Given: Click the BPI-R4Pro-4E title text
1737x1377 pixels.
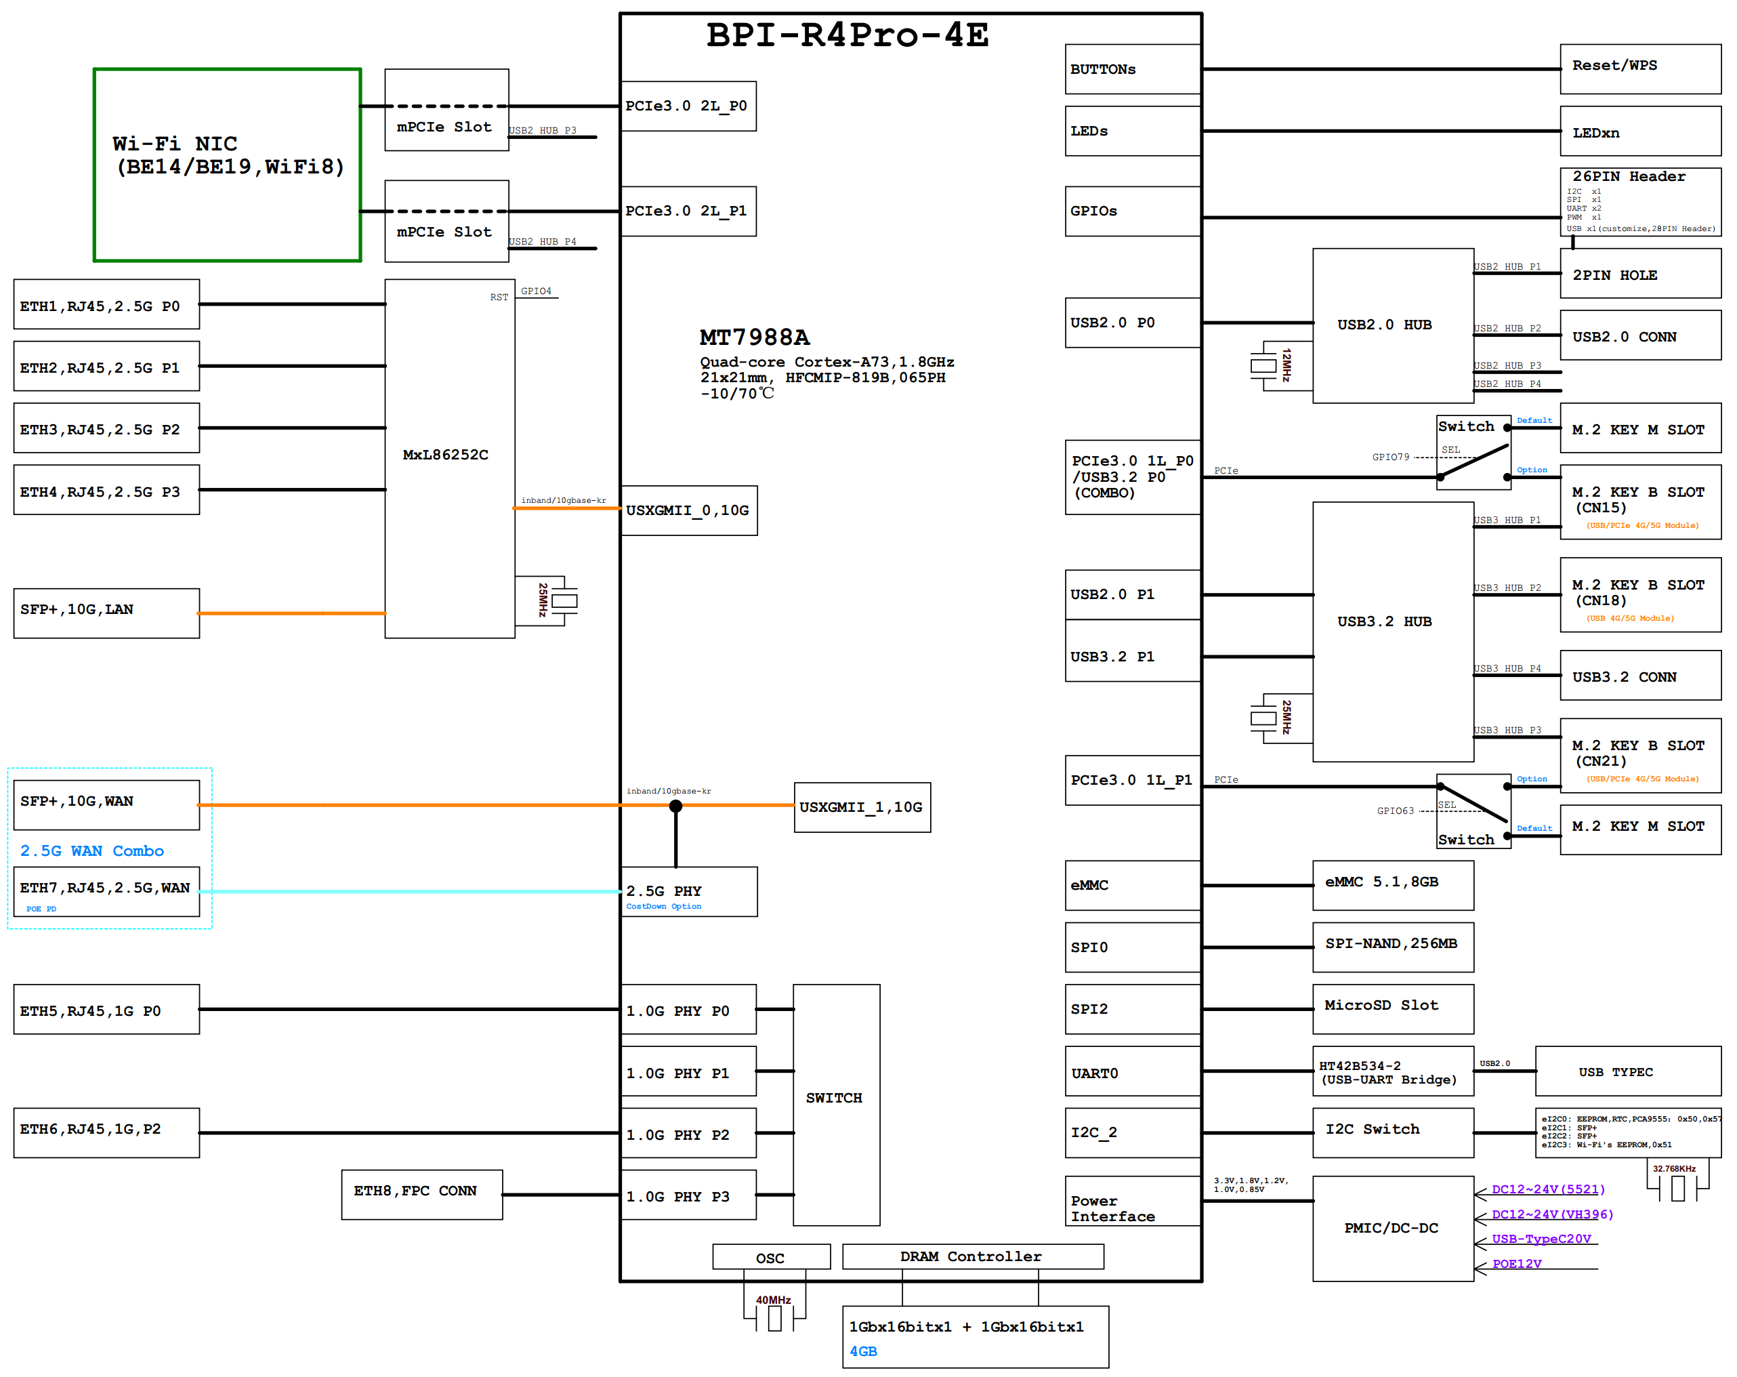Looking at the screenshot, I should (847, 35).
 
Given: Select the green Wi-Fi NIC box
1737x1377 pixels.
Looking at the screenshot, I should (227, 165).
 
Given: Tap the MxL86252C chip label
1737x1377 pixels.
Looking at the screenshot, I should (446, 455).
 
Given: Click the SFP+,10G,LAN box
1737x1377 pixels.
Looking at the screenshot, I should (106, 613).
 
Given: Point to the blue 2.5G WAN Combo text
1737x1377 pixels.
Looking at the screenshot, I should (92, 851).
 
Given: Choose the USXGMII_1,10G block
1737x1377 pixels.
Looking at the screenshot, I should (861, 806).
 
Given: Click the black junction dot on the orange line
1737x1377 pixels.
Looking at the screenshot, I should (676, 806).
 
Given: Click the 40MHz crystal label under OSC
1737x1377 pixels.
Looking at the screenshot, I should (772, 1300).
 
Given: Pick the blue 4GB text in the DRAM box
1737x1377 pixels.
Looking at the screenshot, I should (863, 1351).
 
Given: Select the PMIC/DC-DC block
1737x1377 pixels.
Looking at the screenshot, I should (1392, 1227).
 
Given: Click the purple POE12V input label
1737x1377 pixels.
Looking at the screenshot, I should (1517, 1263).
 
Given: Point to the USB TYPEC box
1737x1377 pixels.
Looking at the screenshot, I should (1627, 1071).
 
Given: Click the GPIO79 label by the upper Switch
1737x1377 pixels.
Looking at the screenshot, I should (1391, 457).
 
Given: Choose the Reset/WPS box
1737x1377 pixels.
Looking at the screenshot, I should (1639, 68).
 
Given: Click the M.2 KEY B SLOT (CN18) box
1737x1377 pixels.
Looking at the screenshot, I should (1639, 594).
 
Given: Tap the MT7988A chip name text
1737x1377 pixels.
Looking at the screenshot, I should (754, 337).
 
